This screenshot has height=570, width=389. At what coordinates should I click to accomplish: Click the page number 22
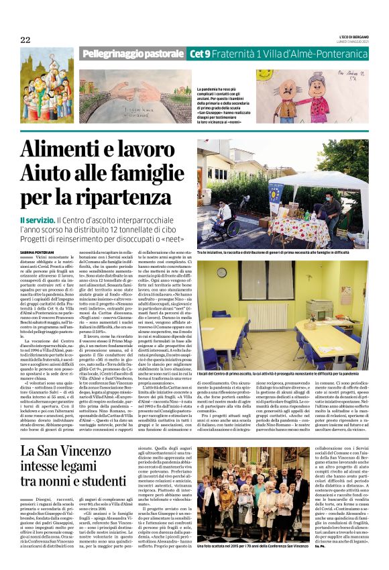tap(25, 40)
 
